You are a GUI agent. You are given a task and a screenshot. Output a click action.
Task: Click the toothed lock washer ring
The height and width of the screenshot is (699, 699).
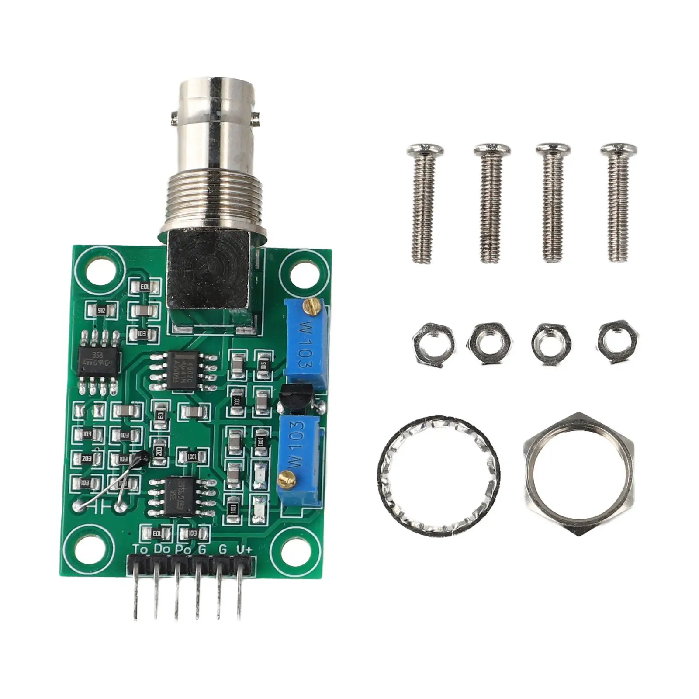point(438,474)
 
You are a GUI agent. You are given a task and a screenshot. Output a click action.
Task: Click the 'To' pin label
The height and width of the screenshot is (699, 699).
point(140,549)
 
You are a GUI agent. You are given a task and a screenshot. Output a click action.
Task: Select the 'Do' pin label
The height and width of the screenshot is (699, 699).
point(162,549)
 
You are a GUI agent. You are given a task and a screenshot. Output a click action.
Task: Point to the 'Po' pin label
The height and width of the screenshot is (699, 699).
point(183,549)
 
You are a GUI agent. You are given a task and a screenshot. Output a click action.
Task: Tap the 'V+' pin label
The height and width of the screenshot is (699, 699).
point(244,549)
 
